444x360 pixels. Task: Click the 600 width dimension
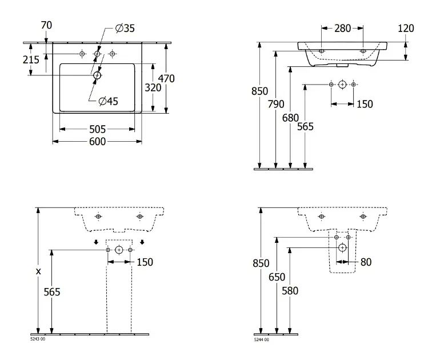coord(98,141)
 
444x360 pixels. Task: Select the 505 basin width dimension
coord(98,129)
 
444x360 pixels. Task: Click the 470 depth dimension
coord(166,78)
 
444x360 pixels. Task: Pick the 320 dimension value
coord(153,88)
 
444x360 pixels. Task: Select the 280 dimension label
coord(343,28)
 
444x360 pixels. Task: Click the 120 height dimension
coord(406,28)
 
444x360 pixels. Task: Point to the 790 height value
coord(276,104)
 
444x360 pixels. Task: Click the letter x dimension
coord(38,271)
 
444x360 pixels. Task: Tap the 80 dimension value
coord(366,262)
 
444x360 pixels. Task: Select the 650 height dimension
coord(276,277)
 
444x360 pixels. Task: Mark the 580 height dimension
coord(291,291)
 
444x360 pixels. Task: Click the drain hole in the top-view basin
coord(97,75)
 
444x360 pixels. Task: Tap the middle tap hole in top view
coord(97,54)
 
